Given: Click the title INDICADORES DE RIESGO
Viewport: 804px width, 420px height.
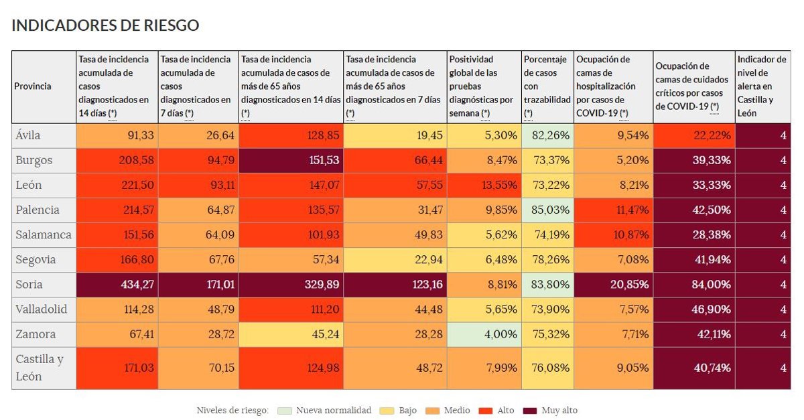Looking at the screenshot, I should [x=105, y=25].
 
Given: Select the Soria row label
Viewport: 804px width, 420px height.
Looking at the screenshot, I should [x=29, y=285].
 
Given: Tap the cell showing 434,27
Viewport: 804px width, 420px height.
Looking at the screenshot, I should [x=117, y=285].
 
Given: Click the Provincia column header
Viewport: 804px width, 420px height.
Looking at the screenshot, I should [x=33, y=86].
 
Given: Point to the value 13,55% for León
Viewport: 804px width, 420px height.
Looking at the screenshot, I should [x=484, y=186].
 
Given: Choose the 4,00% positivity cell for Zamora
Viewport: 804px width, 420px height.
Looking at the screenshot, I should [x=484, y=334].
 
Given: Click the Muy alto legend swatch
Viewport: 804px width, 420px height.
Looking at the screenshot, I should [x=529, y=410].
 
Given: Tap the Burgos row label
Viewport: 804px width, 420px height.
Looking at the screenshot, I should [x=33, y=161].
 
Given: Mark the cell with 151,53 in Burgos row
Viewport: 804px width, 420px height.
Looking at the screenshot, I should [x=291, y=161].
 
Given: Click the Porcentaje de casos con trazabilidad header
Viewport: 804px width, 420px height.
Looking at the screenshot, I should [x=547, y=86].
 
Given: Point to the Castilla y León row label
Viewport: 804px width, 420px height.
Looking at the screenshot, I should [x=40, y=368].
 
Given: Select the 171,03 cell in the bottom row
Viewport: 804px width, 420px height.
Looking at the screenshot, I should [x=117, y=368].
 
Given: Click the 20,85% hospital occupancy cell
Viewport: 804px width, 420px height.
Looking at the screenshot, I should [x=613, y=285].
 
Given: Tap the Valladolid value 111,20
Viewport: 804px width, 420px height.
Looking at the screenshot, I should [x=291, y=309].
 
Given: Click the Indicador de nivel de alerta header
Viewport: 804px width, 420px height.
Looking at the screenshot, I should [x=762, y=86].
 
